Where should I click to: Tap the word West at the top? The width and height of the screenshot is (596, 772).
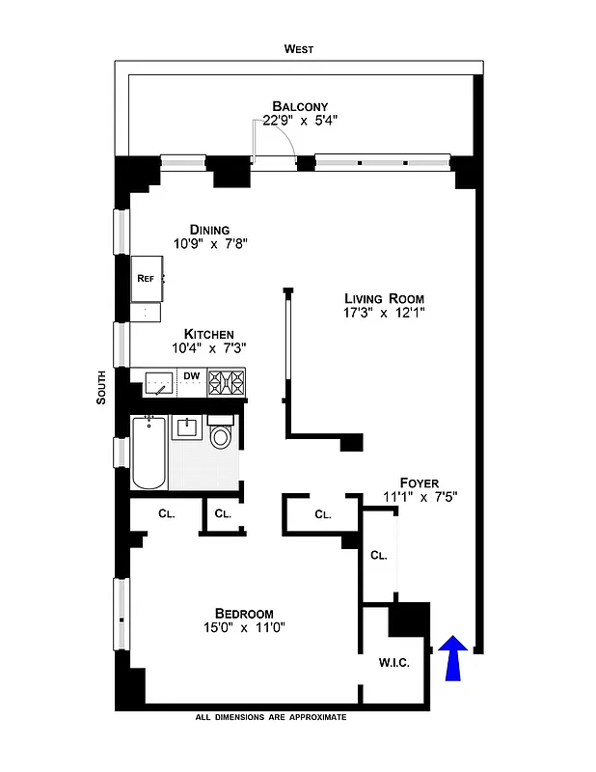pos(299,49)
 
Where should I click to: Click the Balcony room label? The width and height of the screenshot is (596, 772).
pos(300,106)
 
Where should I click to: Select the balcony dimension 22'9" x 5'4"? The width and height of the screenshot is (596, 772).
pos(300,122)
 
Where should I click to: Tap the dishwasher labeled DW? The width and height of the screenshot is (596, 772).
pos(192,376)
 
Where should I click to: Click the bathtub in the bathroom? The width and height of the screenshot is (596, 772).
pos(149,454)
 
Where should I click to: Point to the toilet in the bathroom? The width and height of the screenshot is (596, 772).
pos(222,435)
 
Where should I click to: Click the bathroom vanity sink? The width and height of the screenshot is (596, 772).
pos(187,427)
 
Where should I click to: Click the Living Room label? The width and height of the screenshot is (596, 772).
pos(384,298)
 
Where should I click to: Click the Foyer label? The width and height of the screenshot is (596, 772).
pos(420,482)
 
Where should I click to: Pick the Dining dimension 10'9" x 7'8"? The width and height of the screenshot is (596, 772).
pos(211,244)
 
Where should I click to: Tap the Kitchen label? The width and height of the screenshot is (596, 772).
pos(209,333)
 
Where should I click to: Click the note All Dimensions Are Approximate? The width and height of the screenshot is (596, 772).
pos(270,718)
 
